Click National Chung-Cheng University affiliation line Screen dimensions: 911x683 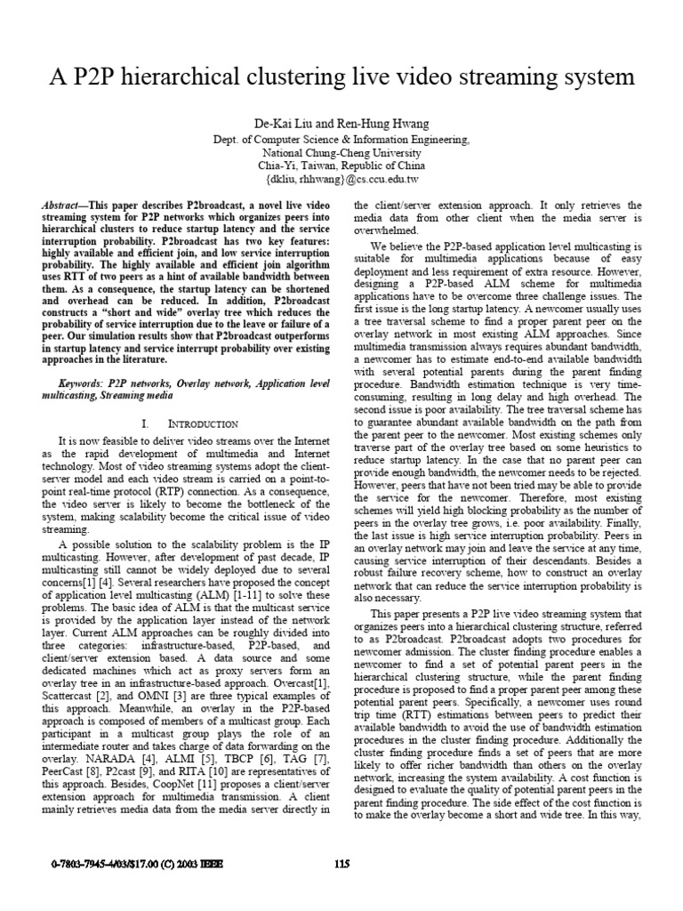(341, 152)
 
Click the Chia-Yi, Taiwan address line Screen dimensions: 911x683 (341, 165)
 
